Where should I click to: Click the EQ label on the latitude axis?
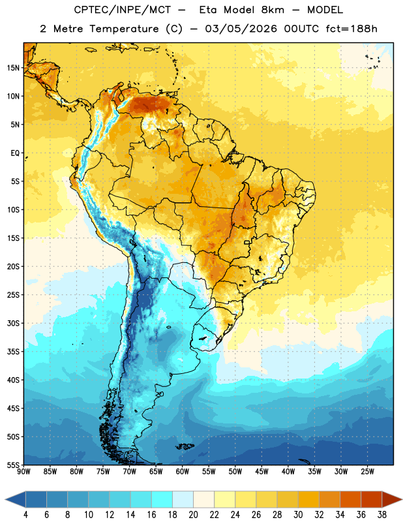click(15, 153)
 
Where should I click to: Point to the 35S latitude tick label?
click(13, 352)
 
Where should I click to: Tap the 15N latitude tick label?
click(13, 68)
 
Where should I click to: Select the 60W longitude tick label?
click(183, 472)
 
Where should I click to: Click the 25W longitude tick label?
click(367, 472)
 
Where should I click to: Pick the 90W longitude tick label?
click(23, 472)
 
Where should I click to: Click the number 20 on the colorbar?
click(193, 515)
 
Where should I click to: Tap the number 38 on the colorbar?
click(381, 515)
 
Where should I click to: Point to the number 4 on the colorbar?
click(25, 515)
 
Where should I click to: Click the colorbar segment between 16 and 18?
click(162, 499)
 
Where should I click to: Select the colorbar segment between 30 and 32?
click(308, 499)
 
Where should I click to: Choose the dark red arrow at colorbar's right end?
click(392, 499)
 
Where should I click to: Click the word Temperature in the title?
click(124, 29)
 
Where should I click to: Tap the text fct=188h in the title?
click(351, 29)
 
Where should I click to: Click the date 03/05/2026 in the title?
click(241, 29)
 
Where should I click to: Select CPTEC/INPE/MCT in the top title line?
click(123, 10)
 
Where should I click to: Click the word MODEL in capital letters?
click(325, 10)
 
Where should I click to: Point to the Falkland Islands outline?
click(185, 446)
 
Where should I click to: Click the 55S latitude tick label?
click(13, 465)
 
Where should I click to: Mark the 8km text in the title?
click(273, 10)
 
